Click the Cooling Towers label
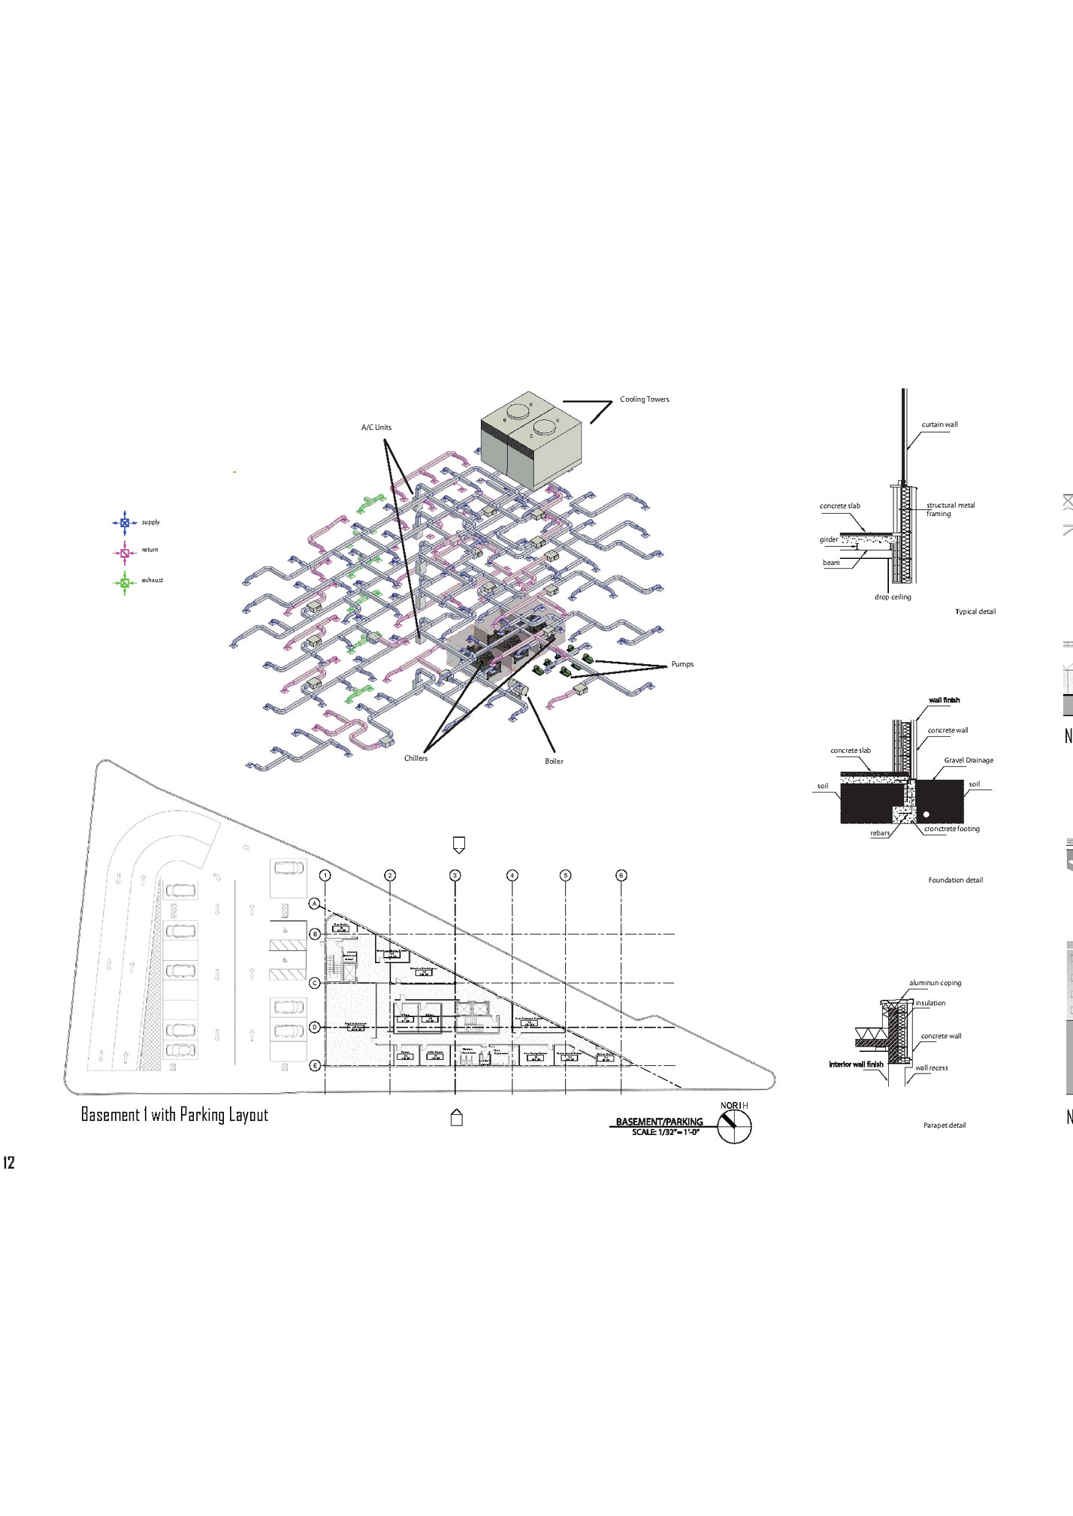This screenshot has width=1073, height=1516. pos(644,399)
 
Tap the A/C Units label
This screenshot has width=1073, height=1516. pos(376,427)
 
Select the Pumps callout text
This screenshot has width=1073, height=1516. pos(682,664)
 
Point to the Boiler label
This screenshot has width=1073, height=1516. pos(554,761)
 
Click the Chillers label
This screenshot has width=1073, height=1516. pos(416,758)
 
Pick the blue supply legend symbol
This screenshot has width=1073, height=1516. pos(125,522)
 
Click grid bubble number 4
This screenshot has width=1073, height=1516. pos(512,875)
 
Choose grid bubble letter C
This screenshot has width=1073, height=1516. pos(315,983)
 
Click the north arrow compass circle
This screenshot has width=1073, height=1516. pos(734,1126)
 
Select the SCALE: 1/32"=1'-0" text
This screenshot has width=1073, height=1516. pos(665,1132)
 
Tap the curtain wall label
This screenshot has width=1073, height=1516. pos(939,424)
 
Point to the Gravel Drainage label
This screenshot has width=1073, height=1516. pos(968,760)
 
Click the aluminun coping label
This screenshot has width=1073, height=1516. pos(935,983)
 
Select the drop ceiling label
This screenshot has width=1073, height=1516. pos(893,597)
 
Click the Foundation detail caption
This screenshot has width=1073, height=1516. pos(955,880)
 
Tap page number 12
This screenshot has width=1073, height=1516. pos(9,1163)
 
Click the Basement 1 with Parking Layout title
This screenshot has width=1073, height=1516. pos(174,1115)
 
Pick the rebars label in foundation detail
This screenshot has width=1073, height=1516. pos(880,833)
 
